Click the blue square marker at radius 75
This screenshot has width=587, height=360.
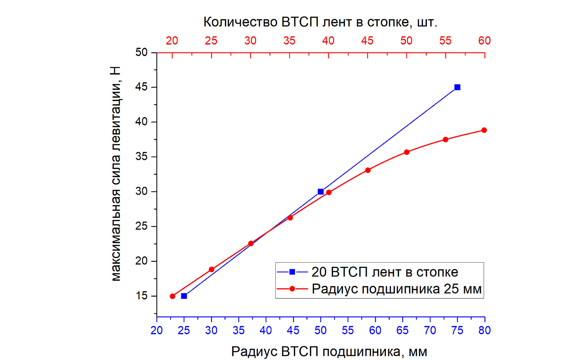457,87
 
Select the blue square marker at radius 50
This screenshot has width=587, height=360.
321,192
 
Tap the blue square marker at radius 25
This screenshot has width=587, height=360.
184,296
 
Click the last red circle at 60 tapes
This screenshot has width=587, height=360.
484,130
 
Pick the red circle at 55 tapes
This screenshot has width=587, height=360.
445,139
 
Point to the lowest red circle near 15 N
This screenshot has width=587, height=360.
172,296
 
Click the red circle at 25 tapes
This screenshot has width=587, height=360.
212,270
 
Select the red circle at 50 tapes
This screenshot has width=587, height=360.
407,152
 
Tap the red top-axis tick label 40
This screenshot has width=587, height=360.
328,41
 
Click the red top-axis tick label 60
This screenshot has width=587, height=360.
484,41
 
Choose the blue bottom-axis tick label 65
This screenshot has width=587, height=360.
402,330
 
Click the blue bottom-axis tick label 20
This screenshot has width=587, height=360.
156,330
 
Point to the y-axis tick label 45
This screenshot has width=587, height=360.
141,87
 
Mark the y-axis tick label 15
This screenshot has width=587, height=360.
141,296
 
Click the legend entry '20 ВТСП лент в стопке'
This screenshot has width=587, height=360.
385,272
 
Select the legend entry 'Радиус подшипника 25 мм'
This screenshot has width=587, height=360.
397,289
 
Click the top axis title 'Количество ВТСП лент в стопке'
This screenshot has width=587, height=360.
320,22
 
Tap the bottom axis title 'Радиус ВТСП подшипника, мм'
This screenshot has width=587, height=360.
329,352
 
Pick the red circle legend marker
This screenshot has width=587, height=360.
292,289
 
